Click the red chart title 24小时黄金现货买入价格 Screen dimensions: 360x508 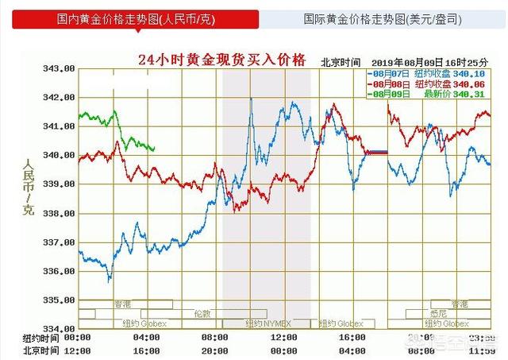[222, 60]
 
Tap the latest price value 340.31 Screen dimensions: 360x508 [475, 95]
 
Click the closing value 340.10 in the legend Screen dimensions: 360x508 [475, 72]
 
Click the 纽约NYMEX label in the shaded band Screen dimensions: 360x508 [266, 323]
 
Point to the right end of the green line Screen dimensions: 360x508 [155, 149]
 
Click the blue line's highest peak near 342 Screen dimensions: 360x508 [251, 98]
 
